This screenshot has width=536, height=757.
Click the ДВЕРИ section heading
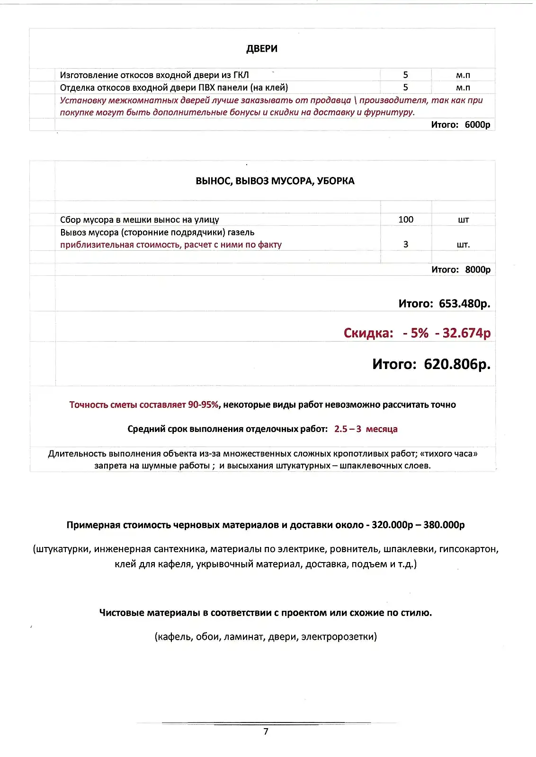click(261, 49)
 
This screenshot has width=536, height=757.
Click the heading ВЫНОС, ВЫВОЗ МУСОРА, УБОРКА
click(275, 181)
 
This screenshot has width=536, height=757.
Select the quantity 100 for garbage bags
click(406, 220)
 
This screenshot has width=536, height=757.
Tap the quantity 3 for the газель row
click(406, 244)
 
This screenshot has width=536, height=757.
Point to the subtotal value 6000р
click(477, 124)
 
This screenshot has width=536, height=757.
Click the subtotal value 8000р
click(477, 269)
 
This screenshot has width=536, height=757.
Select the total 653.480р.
click(464, 303)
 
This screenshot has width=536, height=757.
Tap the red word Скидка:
click(368, 333)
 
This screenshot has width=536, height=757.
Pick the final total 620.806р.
click(457, 364)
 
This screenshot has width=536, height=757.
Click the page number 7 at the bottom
click(266, 731)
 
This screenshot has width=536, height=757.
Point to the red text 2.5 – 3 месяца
click(366, 429)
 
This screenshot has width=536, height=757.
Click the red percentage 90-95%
click(203, 405)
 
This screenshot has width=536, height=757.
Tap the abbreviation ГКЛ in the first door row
click(241, 75)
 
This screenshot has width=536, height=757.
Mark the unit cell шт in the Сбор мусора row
click(463, 220)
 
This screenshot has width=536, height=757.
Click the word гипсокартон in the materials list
click(468, 549)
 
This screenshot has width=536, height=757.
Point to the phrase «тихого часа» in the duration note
click(448, 454)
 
